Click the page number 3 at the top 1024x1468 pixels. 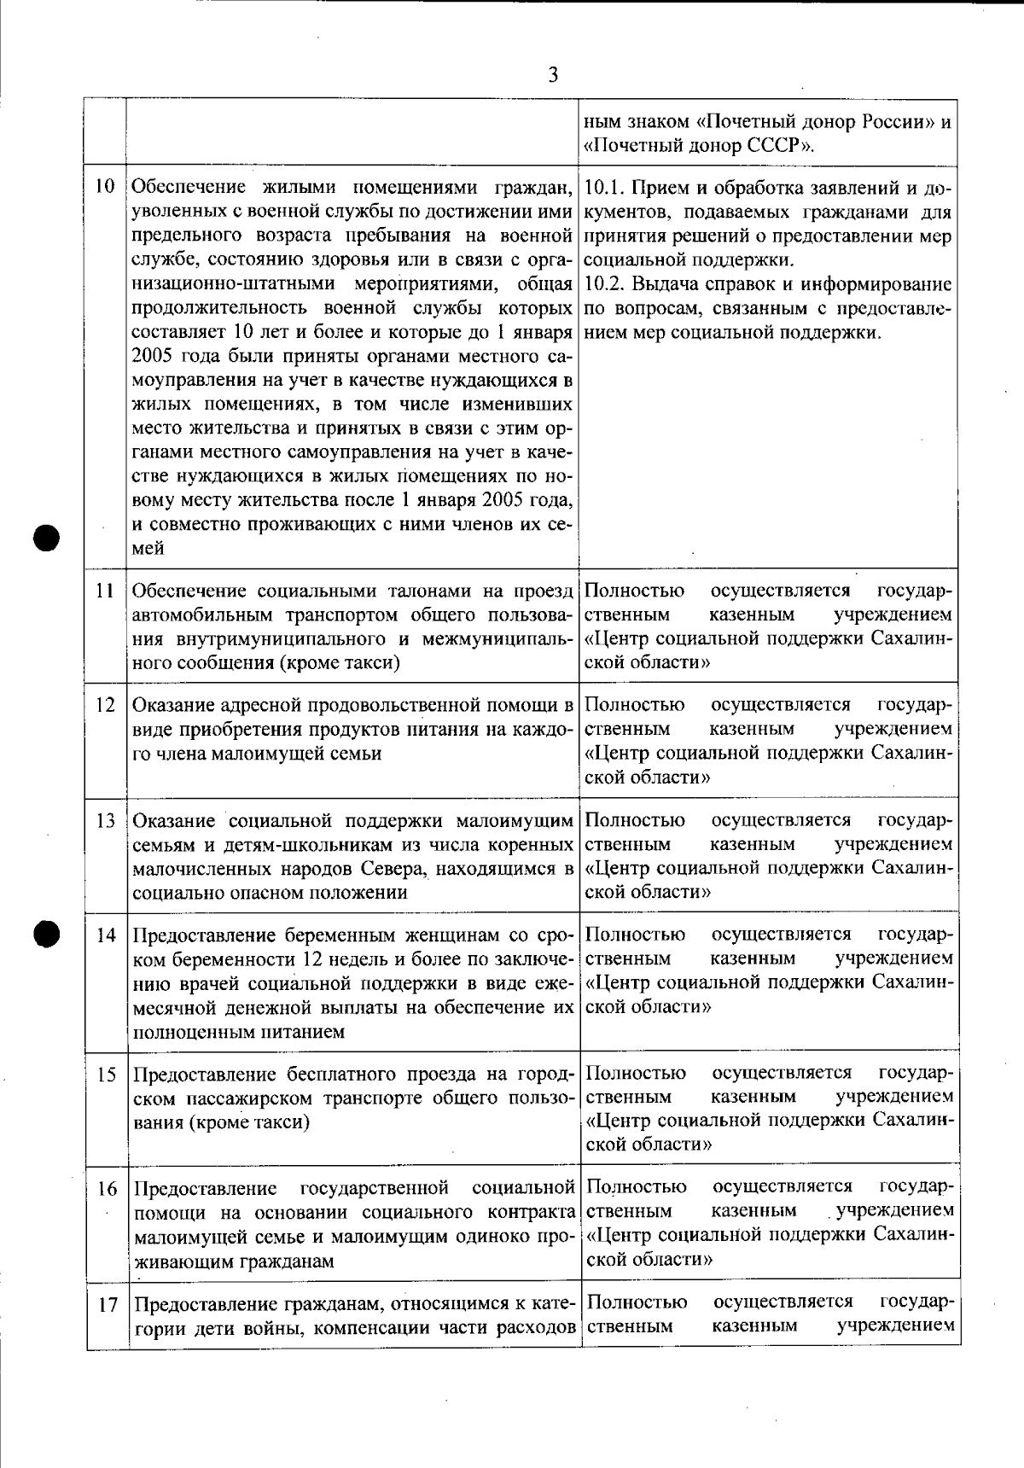[x=553, y=75]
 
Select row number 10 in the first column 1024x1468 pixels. [x=105, y=186]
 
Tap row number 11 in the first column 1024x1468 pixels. [x=105, y=591]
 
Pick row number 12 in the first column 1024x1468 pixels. [x=105, y=706]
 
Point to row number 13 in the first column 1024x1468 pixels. [x=105, y=821]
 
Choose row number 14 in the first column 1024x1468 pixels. [x=105, y=935]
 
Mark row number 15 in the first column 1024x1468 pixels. [x=105, y=1075]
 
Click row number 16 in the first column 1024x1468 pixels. [x=105, y=1189]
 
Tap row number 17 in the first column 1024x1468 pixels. [x=105, y=1305]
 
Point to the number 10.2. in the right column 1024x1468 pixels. [x=607, y=283]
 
